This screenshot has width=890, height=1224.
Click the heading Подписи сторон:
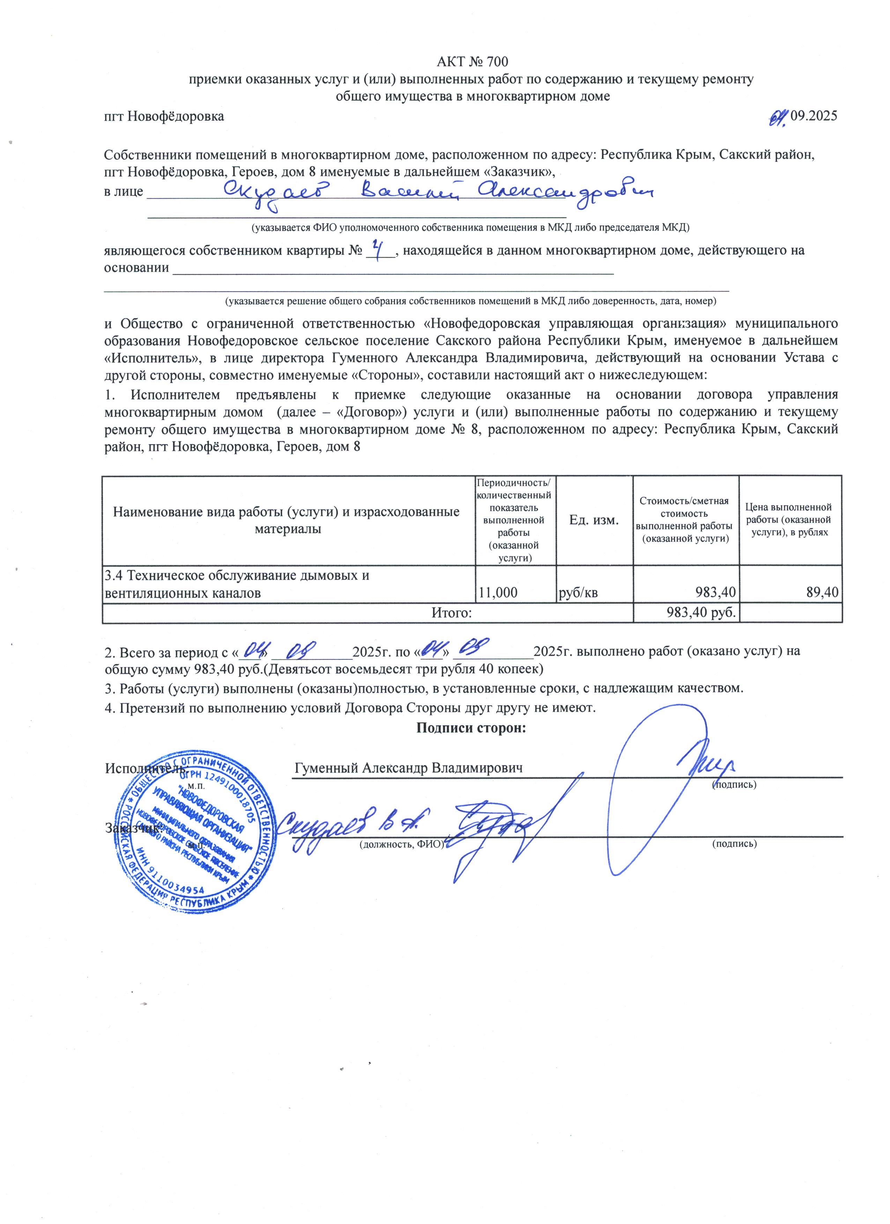click(470, 727)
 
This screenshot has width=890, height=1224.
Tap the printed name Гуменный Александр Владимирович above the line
click(409, 767)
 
